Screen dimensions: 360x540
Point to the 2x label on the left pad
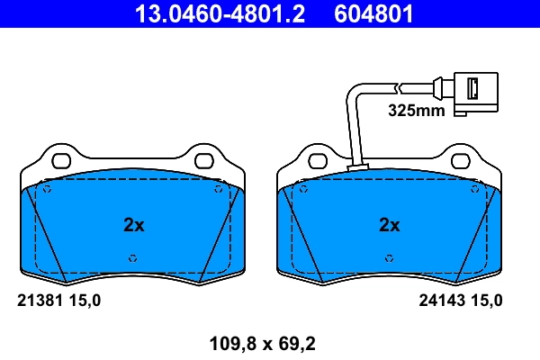[x=133, y=225]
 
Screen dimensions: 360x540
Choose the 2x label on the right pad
[x=389, y=225]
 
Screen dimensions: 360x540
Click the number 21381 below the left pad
[x=40, y=301]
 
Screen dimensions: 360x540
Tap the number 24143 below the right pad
[x=441, y=301]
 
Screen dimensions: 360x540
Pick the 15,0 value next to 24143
[x=487, y=301]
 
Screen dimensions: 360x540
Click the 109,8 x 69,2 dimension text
[x=262, y=343]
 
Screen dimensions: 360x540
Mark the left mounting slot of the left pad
[x=61, y=162]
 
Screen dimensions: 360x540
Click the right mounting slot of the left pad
[x=204, y=162]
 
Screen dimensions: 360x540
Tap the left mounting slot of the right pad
[x=318, y=162]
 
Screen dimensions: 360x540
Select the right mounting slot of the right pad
[x=461, y=162]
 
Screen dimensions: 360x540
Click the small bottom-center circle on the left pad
[x=133, y=258]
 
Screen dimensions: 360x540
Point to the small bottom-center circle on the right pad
[x=389, y=258]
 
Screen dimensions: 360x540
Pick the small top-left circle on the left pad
[x=48, y=190]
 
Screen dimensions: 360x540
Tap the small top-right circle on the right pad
[x=474, y=190]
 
